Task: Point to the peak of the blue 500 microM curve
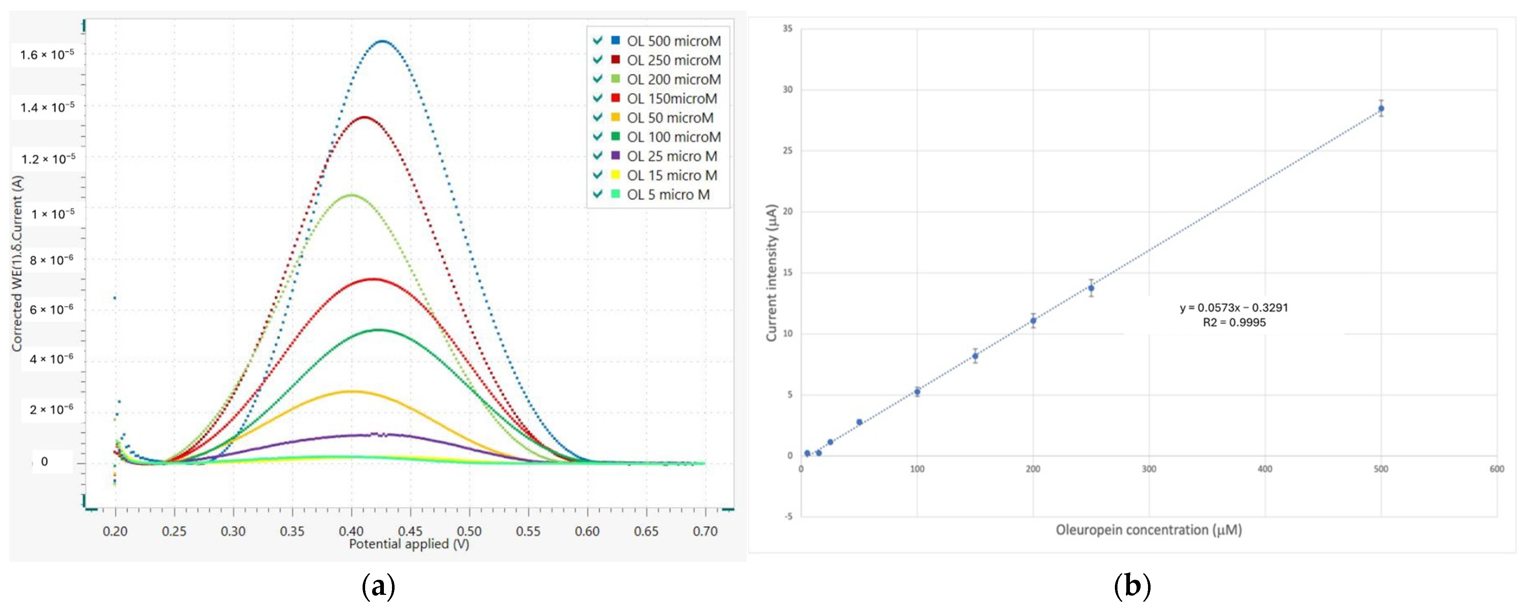tap(383, 41)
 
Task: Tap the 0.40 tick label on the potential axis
tap(351, 531)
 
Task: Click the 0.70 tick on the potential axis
tap(705, 531)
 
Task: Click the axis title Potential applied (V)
tap(409, 544)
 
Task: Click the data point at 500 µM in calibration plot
tap(1381, 109)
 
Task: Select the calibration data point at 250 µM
tap(1091, 288)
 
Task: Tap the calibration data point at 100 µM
tap(917, 392)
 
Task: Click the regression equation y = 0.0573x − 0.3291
tap(1233, 308)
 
